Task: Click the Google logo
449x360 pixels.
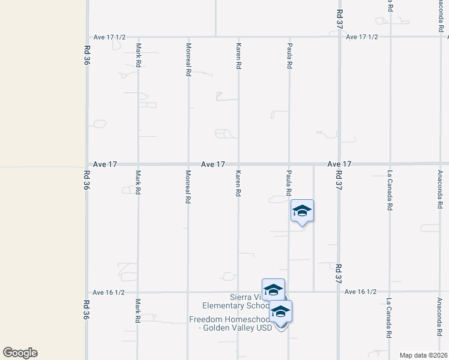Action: pos(20,353)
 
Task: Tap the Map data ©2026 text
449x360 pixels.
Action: pos(423,355)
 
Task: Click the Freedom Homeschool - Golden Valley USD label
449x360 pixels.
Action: pos(231,323)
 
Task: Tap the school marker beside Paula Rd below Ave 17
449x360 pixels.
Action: pos(302,211)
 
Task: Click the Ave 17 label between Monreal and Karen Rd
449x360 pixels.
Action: pos(213,164)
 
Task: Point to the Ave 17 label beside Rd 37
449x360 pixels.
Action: pos(339,164)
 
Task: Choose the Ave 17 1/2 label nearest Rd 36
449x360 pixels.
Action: pos(109,37)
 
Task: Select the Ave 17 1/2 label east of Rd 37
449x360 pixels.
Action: pos(363,37)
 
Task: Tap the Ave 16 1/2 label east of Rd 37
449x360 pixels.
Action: pos(361,292)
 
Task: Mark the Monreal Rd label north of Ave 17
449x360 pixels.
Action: pos(188,59)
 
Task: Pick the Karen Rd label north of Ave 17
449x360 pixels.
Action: pos(238,55)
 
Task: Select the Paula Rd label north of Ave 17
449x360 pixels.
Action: pos(289,56)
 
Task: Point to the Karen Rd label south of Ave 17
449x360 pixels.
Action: pos(238,183)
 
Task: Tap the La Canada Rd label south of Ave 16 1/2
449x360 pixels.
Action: pos(389,318)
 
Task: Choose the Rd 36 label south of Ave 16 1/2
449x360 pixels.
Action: pos(86,310)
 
